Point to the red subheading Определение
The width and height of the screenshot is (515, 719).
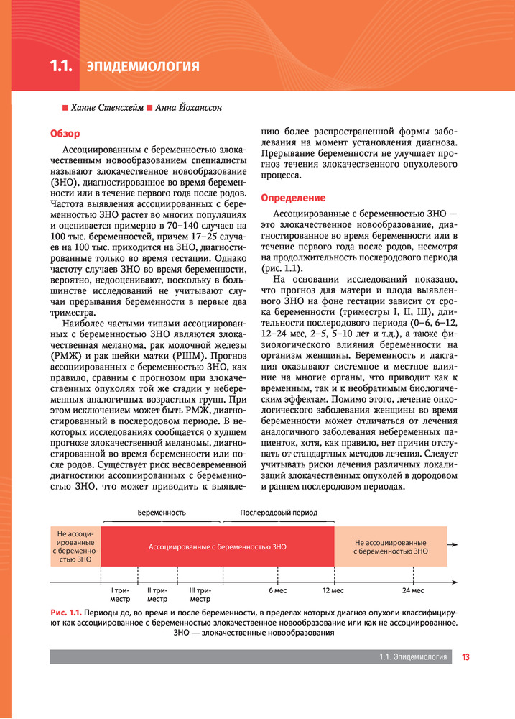[x=293, y=198]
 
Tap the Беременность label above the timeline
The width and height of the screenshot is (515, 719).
[x=162, y=513]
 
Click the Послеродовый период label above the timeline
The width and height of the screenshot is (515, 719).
[x=279, y=513]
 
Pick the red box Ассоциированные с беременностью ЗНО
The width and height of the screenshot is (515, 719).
[x=217, y=546]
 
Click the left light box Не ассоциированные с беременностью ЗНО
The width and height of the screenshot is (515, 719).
[x=75, y=546]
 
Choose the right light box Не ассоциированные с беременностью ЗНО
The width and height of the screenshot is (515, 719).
[x=390, y=546]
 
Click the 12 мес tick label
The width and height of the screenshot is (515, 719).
[x=333, y=590]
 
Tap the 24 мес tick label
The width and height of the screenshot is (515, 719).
[x=413, y=590]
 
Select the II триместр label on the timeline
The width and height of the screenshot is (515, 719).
[x=157, y=594]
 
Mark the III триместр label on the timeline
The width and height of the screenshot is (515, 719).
[x=200, y=594]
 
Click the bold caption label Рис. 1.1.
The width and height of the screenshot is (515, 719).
[x=65, y=613]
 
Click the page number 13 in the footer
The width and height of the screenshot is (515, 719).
[x=465, y=656]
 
